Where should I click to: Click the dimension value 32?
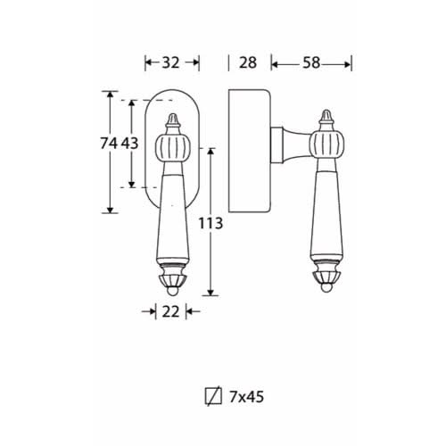click(x=170, y=62)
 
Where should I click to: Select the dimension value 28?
click(x=248, y=62)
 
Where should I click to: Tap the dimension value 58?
click(x=311, y=62)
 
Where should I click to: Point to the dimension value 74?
click(x=109, y=144)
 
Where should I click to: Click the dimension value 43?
click(x=129, y=144)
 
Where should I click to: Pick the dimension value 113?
click(x=211, y=223)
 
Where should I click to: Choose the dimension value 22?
click(x=170, y=311)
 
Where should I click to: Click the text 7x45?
click(x=246, y=397)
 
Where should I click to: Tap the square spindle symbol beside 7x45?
click(x=213, y=396)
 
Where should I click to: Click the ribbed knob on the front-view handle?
click(x=173, y=148)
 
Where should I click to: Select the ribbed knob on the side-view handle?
click(x=326, y=145)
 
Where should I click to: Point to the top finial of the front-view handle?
click(x=173, y=120)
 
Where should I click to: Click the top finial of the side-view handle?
click(x=326, y=117)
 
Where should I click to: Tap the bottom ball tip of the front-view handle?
click(x=172, y=291)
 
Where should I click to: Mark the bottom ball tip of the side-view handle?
click(x=326, y=287)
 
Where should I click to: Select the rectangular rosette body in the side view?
click(x=250, y=151)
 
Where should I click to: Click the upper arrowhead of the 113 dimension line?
click(x=211, y=152)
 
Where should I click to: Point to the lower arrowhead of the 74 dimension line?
click(x=110, y=210)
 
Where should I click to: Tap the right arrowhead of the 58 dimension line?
click(x=348, y=64)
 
